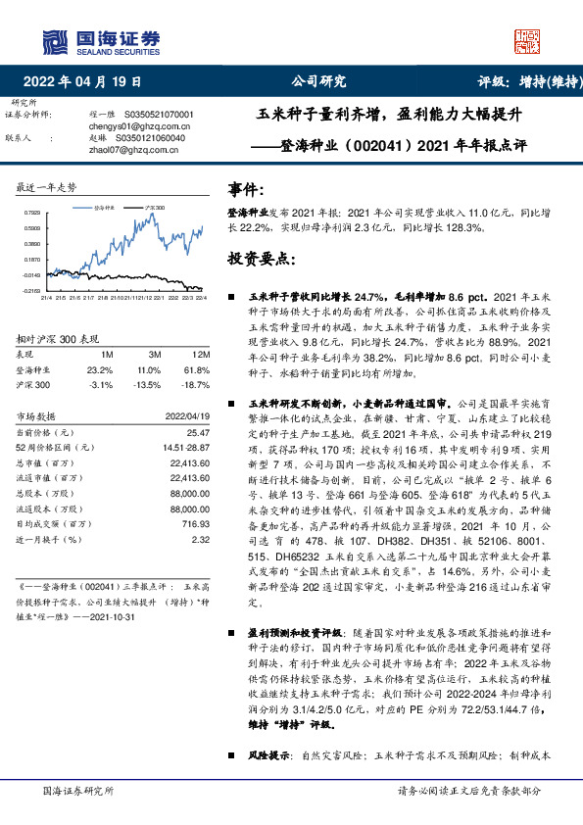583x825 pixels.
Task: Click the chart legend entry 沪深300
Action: coord(155,208)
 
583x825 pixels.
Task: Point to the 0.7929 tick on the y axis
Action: coord(33,213)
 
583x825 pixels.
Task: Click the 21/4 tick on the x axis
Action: coord(46,298)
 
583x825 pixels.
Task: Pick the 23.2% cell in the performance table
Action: coord(101,369)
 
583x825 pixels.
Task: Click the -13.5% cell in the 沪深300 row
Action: coord(149,385)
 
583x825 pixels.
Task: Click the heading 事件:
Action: coord(245,188)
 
